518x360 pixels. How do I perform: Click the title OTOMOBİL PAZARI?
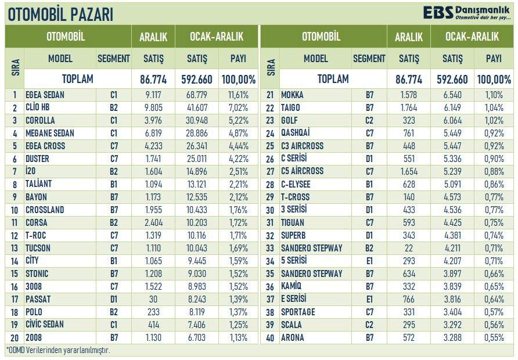[x=60, y=14]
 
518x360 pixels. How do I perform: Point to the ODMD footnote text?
[x=58, y=350]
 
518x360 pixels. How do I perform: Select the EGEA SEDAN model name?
[x=45, y=95]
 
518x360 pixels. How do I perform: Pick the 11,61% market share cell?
[x=238, y=95]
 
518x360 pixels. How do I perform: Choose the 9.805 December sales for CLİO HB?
[x=153, y=108]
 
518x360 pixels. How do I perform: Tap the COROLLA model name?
[x=40, y=121]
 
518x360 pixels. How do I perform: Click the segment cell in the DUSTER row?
[x=113, y=159]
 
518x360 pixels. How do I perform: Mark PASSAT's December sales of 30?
[x=153, y=299]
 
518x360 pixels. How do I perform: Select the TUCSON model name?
[x=39, y=248]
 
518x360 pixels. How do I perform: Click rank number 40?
[x=271, y=337]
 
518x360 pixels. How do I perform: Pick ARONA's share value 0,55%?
[x=494, y=337]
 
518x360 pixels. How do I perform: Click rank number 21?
[x=271, y=95]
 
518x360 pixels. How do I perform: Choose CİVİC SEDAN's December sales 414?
[x=153, y=325]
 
